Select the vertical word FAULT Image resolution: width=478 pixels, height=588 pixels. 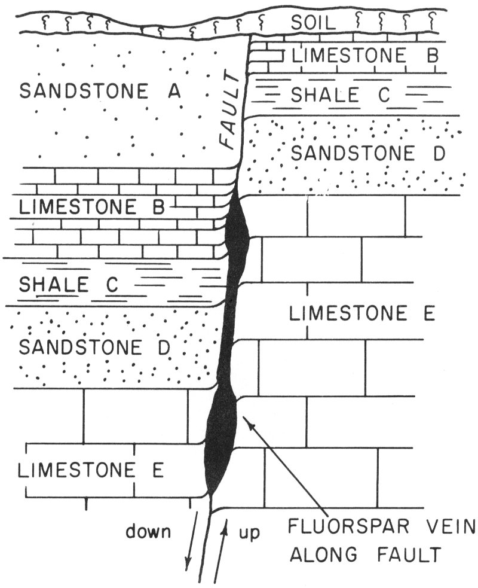pyautogui.click(x=230, y=114)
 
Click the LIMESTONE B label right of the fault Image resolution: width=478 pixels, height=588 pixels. pyautogui.click(x=365, y=56)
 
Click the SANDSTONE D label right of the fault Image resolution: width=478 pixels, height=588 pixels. pyautogui.click(x=367, y=154)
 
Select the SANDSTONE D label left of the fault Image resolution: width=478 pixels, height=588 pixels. pyautogui.click(x=89, y=347)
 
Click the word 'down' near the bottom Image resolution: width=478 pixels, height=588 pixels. pyautogui.click(x=148, y=531)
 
